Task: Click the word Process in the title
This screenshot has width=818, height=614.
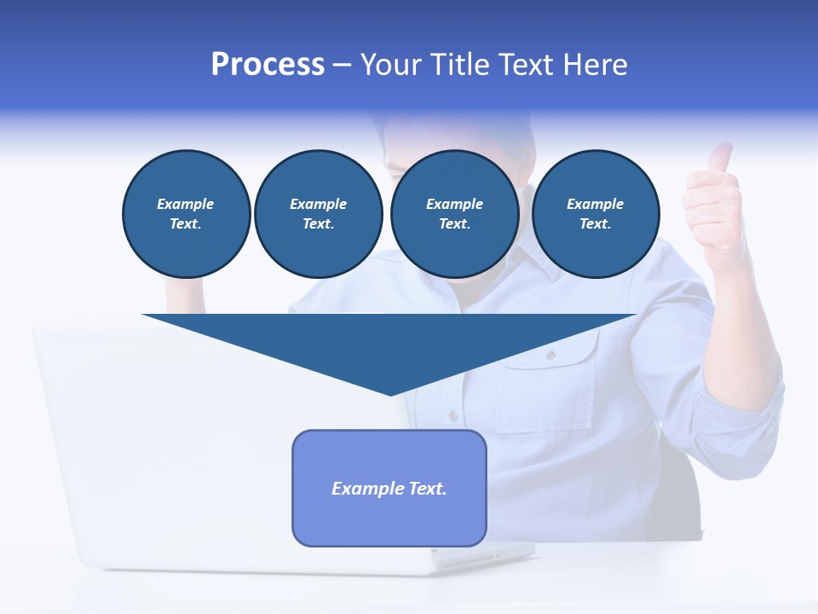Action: tap(268, 65)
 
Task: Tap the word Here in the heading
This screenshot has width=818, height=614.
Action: tap(596, 65)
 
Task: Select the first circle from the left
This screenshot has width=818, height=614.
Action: tap(186, 214)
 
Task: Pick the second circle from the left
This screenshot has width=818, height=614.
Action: tap(318, 214)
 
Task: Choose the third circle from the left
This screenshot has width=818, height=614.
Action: tap(454, 214)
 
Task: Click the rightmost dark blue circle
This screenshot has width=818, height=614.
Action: tap(595, 214)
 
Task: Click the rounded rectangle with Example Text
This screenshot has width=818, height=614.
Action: tap(389, 512)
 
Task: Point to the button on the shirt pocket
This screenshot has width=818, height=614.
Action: tap(550, 355)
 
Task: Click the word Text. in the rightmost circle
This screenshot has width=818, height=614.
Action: tap(595, 224)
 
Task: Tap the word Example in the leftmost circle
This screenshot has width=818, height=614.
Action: tap(186, 204)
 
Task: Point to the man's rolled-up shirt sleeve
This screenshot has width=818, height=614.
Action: tap(741, 401)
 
